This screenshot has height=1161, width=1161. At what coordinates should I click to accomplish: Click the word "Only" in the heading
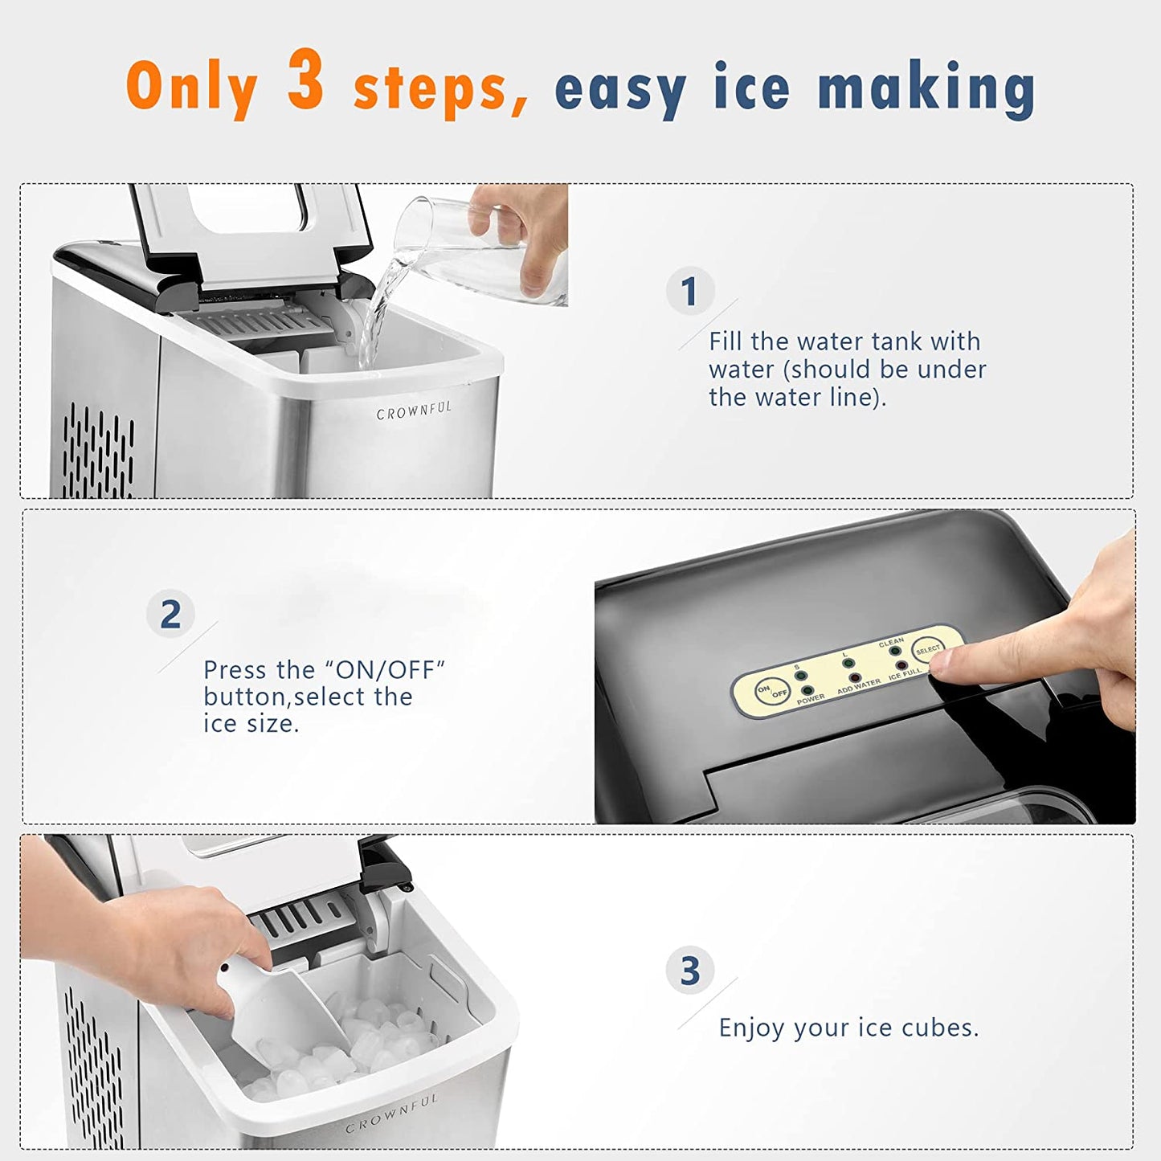click(191, 87)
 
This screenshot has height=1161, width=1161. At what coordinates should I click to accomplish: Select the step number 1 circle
click(689, 291)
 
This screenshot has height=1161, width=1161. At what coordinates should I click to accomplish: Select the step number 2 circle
click(170, 615)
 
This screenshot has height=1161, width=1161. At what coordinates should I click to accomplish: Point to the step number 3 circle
click(689, 971)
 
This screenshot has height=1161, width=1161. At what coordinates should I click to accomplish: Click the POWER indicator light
click(807, 690)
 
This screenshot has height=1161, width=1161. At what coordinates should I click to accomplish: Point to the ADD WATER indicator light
click(855, 679)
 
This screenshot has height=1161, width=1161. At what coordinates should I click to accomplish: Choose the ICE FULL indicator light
click(901, 667)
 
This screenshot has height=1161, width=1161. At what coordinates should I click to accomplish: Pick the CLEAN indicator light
click(894, 652)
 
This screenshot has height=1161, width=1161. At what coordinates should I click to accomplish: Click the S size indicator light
click(800, 675)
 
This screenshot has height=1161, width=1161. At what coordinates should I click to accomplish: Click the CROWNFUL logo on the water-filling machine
click(414, 411)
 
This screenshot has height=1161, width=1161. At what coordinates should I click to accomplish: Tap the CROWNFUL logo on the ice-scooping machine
click(392, 1112)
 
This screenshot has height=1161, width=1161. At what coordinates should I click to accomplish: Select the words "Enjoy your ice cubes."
click(848, 1028)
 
